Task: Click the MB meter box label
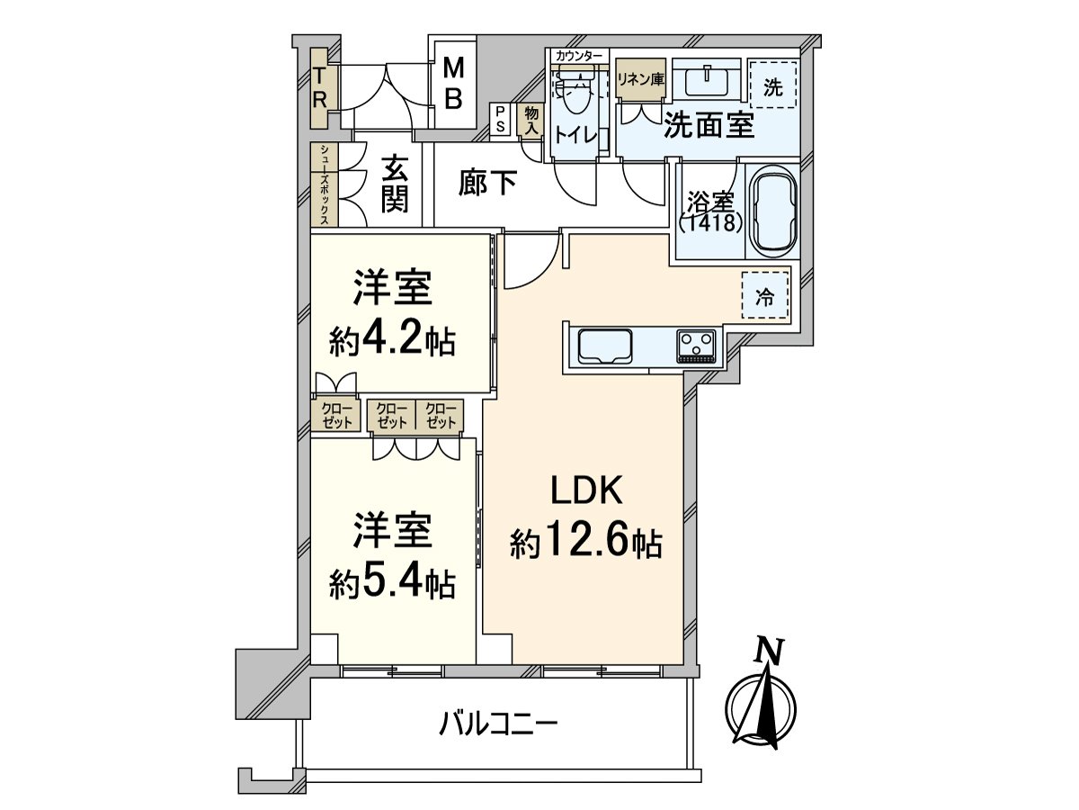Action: click(455, 83)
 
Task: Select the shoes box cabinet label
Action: click(324, 184)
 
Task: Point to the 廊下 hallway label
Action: click(487, 184)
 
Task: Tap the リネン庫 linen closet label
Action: click(640, 78)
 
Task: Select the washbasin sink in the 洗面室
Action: click(709, 82)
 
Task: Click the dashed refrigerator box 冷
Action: click(764, 298)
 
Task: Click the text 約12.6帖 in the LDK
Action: click(586, 544)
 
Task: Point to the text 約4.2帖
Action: click(392, 340)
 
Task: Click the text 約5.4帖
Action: click(392, 586)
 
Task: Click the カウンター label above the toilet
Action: click(580, 56)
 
